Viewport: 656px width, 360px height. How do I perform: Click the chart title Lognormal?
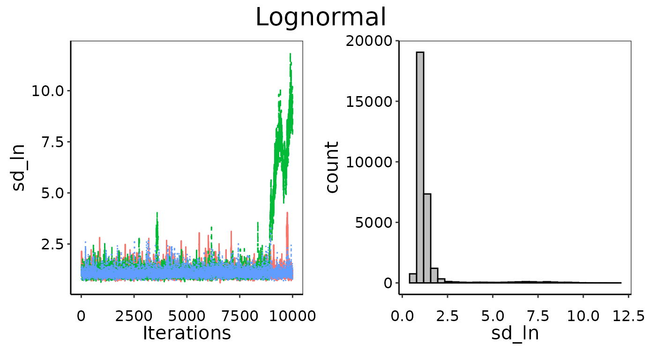click(321, 18)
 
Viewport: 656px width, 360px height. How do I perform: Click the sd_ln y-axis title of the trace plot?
click(19, 168)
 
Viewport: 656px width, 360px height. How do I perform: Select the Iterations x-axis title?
click(186, 333)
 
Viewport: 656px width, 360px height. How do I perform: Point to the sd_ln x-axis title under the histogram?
click(515, 333)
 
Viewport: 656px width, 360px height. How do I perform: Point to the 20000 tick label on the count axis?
click(369, 41)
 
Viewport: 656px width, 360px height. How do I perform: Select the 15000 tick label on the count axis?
click(369, 101)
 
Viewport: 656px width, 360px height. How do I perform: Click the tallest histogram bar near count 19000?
click(420, 169)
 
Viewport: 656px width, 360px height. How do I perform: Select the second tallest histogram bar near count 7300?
click(427, 239)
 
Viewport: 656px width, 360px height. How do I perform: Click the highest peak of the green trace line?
click(290, 54)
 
